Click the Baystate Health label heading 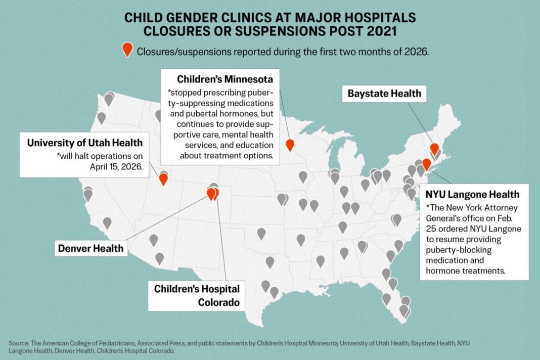[x=384, y=94]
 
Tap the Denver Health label [x=91, y=248]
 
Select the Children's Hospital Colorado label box [x=197, y=296]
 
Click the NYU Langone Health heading [x=472, y=194]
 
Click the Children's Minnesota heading [x=225, y=79]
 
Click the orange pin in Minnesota [x=290, y=145]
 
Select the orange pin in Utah [x=163, y=178]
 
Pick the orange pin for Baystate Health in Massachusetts [x=434, y=148]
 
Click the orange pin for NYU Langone [x=426, y=164]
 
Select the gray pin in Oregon [x=101, y=118]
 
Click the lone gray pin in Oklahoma [x=301, y=240]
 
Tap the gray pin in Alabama [x=344, y=253]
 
